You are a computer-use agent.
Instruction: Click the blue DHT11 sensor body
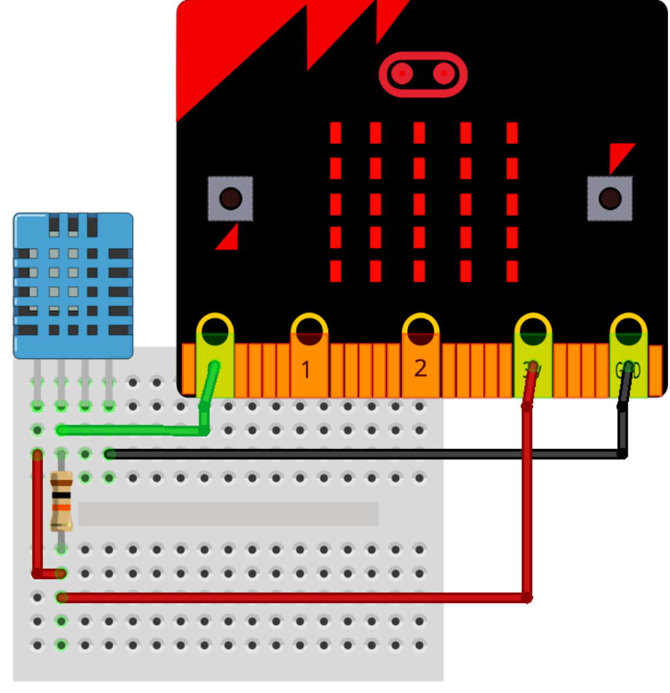73,286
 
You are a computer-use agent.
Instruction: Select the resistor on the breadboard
61,502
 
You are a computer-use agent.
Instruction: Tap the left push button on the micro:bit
230,198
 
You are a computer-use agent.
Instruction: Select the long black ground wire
360,454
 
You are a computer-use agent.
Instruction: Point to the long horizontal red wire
289,598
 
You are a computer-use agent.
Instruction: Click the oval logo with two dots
423,75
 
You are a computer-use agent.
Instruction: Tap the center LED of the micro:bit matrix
419,204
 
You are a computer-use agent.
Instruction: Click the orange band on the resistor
61,507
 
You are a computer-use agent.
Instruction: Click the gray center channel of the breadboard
228,514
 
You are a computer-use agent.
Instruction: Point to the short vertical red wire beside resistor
37,514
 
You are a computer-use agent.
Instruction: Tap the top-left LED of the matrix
335,133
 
